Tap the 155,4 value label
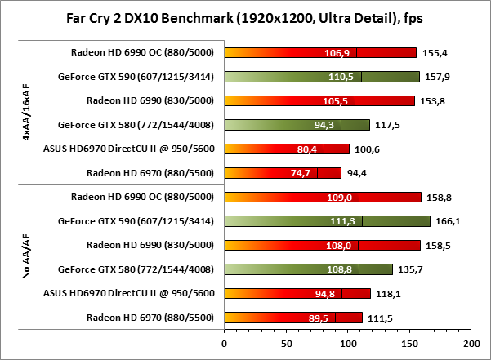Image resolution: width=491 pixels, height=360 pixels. tap(435, 53)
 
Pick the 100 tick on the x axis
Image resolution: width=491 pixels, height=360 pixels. tap(347, 343)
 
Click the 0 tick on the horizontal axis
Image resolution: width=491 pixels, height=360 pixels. tap(224, 343)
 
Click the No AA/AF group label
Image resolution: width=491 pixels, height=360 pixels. tap(28, 257)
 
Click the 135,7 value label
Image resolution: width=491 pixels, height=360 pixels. tap(411, 269)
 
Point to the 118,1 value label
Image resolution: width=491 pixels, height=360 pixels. tap(389, 293)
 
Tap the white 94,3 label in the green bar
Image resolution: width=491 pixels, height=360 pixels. tap(325, 125)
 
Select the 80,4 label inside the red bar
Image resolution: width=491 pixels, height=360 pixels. tap(308, 149)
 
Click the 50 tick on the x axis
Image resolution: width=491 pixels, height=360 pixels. tap(286, 343)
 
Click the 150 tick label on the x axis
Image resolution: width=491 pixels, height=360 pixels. tap(408, 343)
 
